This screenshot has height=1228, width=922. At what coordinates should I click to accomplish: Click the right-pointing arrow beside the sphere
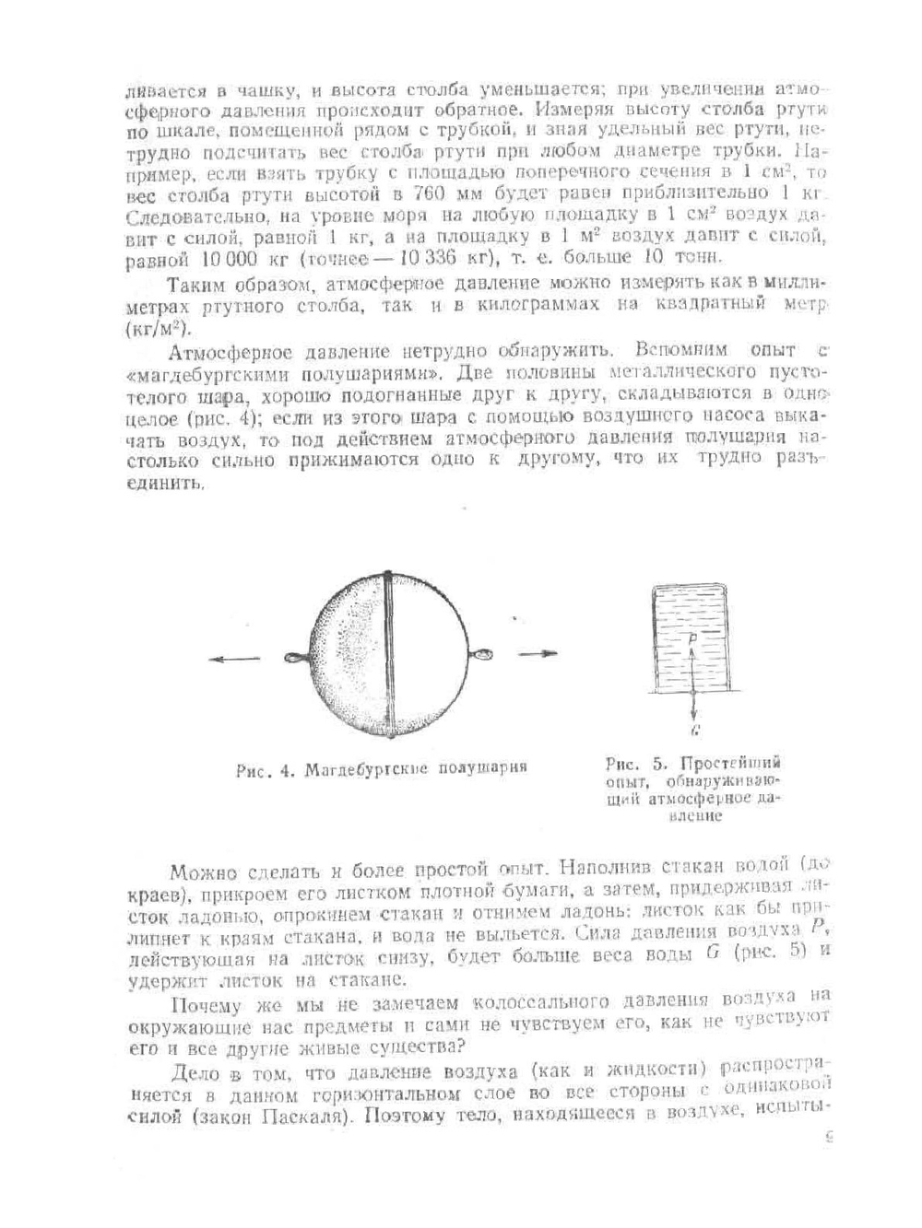pyautogui.click(x=538, y=654)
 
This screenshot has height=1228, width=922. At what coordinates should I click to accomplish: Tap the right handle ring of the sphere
pyautogui.click(x=481, y=655)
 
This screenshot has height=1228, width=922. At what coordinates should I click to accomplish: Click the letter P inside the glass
pyautogui.click(x=691, y=637)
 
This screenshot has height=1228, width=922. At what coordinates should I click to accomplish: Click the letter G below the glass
pyautogui.click(x=692, y=730)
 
